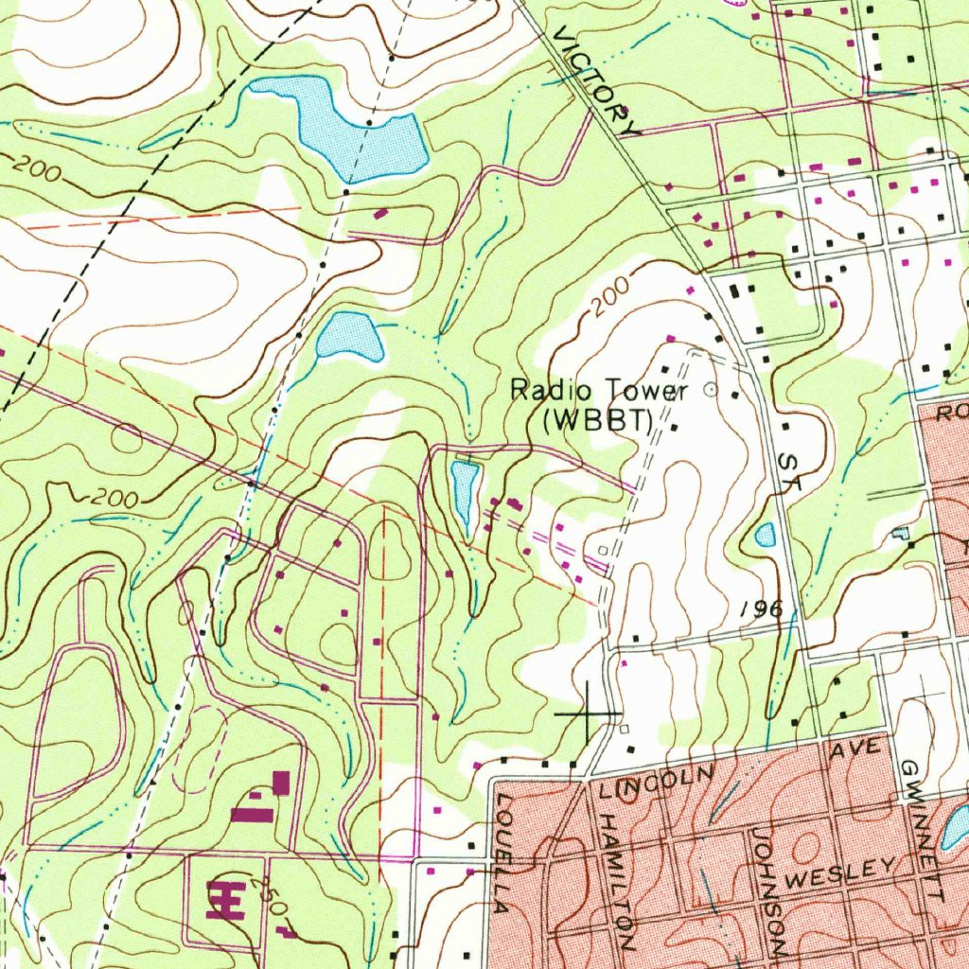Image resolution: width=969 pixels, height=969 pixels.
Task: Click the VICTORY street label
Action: click(597, 81)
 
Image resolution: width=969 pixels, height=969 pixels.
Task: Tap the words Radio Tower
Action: click(598, 390)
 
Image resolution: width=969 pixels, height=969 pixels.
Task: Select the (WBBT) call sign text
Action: click(598, 420)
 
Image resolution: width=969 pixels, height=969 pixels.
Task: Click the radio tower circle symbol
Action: click(712, 388)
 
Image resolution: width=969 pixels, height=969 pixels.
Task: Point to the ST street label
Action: click(789, 470)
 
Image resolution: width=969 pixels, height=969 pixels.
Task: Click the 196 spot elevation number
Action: click(763, 608)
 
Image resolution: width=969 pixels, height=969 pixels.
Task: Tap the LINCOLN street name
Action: click(652, 781)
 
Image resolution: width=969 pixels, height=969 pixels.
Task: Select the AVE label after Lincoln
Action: click(855, 749)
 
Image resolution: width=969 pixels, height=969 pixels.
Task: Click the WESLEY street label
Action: click(840, 873)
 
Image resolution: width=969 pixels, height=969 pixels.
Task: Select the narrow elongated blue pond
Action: click(464, 493)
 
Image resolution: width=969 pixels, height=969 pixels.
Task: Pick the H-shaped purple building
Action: click(225, 899)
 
